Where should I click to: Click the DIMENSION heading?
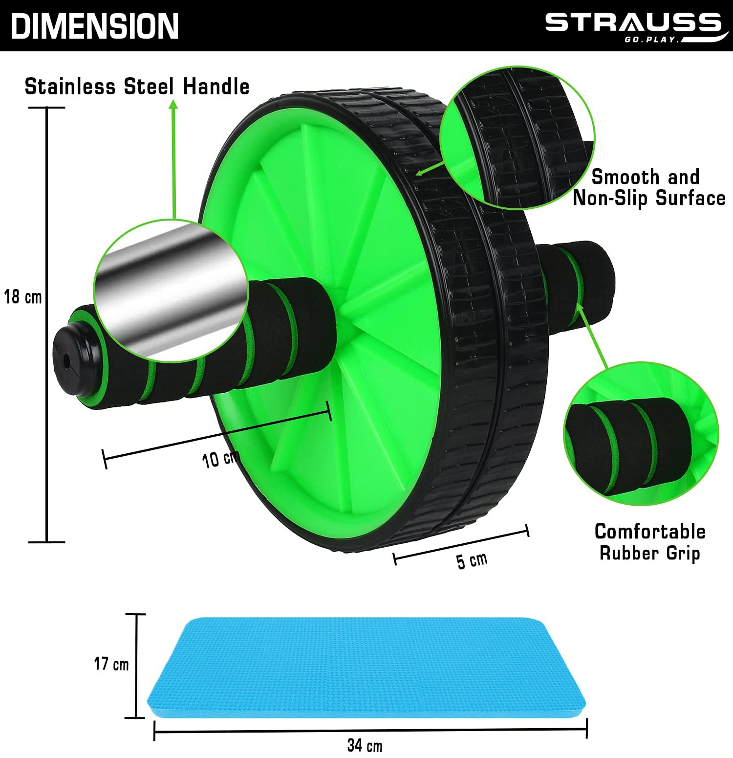click(x=95, y=26)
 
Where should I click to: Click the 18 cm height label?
click(x=23, y=297)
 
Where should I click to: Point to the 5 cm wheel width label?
click(x=472, y=560)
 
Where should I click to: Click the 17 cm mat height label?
click(x=111, y=664)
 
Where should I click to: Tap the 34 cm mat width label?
click(x=365, y=746)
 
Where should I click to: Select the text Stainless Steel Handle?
click(x=137, y=87)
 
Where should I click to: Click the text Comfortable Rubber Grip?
click(x=650, y=542)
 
